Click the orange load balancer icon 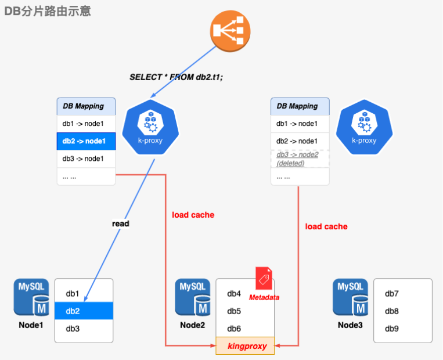230,33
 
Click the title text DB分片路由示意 48,11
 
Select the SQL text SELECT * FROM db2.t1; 176,77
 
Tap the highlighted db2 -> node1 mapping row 86,141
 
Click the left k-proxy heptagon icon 150,127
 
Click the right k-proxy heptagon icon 364,127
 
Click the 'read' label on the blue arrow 121,224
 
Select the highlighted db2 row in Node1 84,311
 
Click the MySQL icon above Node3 350,297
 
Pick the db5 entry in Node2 234,311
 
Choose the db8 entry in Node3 392,311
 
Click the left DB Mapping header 86,106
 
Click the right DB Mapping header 300,106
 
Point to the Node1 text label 31,325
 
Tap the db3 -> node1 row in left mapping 86,159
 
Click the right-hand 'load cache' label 326,226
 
